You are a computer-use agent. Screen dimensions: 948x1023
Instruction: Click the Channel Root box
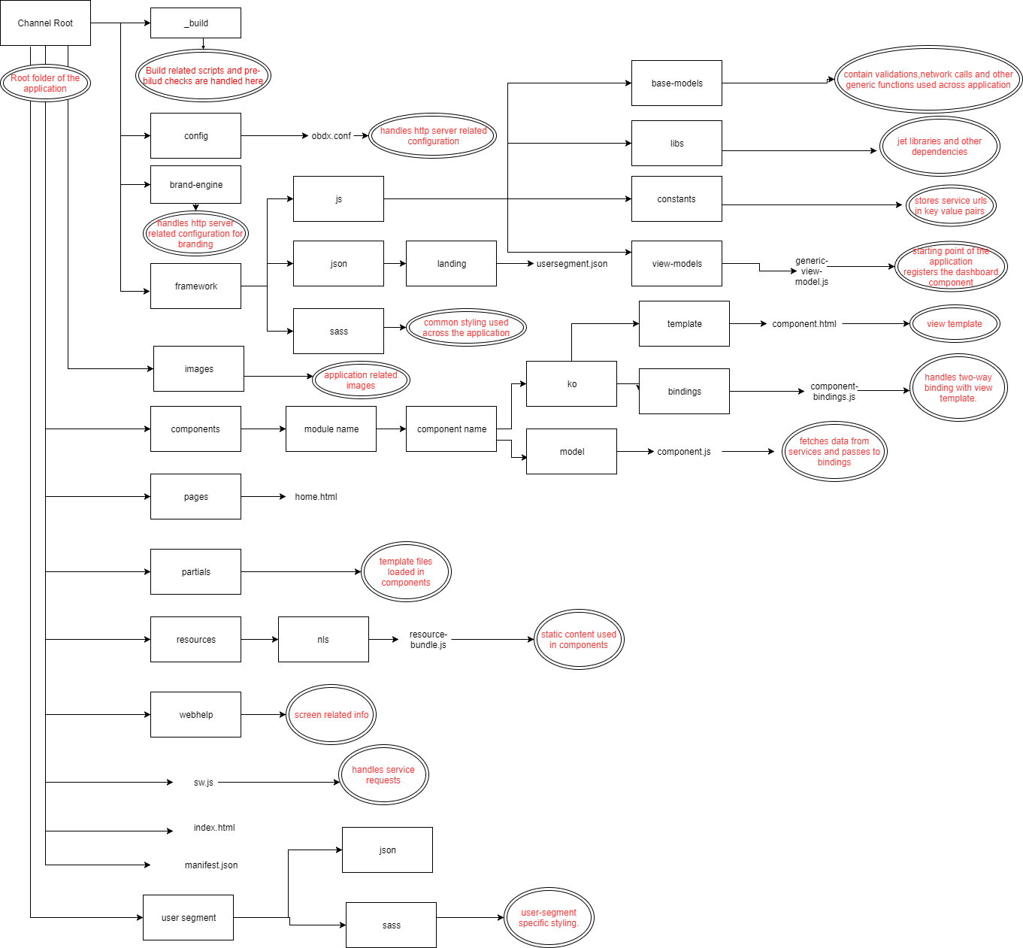[45, 23]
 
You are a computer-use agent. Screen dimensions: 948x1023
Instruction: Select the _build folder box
[195, 23]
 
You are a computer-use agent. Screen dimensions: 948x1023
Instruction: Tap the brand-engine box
[195, 184]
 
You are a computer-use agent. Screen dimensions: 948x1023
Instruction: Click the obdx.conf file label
[331, 136]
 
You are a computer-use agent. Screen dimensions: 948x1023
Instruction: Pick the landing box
[451, 263]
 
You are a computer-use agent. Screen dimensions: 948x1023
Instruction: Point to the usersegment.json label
[571, 264]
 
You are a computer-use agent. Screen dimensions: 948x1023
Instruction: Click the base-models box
[676, 83]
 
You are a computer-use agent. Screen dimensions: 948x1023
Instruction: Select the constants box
[676, 198]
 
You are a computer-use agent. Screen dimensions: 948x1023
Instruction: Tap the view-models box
[676, 263]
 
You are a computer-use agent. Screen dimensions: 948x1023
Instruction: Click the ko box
[571, 383]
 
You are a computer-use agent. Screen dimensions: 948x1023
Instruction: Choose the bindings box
[684, 391]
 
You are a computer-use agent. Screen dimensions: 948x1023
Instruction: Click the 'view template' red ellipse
[954, 324]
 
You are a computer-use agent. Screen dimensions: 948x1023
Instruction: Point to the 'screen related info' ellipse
[331, 714]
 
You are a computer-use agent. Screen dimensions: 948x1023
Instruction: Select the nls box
[323, 639]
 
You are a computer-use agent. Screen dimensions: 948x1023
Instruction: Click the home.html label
[316, 497]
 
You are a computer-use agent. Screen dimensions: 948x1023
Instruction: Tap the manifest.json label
[210, 865]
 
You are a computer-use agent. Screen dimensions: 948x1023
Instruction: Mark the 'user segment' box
[188, 917]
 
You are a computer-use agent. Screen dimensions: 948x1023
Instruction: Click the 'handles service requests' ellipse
[383, 774]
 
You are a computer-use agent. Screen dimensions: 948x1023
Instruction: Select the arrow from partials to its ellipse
[301, 571]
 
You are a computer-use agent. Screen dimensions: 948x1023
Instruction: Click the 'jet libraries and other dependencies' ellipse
[939, 147]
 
